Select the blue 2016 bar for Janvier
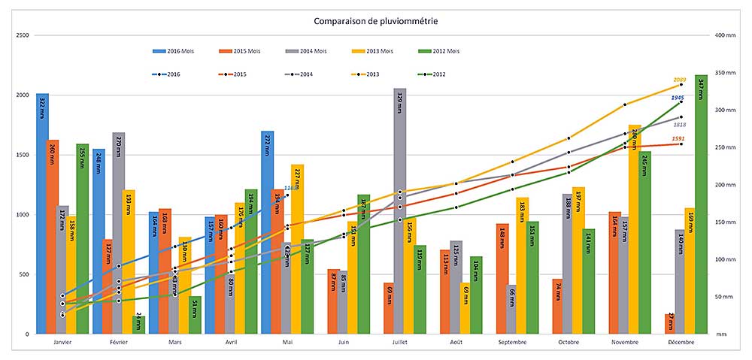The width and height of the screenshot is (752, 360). click(x=43, y=213)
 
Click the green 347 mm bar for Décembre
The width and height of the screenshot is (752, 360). click(x=701, y=203)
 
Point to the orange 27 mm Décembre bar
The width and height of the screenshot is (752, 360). click(x=669, y=324)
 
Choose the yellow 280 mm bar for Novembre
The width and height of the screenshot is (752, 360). click(x=635, y=229)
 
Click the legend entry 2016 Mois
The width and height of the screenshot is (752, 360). click(x=172, y=51)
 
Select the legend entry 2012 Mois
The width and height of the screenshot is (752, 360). click(x=440, y=51)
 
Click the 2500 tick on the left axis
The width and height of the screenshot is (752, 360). click(x=23, y=36)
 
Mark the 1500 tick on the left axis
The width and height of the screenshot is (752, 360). click(x=23, y=155)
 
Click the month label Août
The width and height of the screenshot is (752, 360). click(x=456, y=343)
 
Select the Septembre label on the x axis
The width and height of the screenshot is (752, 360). click(x=513, y=343)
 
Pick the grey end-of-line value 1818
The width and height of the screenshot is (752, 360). click(x=679, y=125)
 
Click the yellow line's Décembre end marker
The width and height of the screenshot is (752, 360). click(x=681, y=85)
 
